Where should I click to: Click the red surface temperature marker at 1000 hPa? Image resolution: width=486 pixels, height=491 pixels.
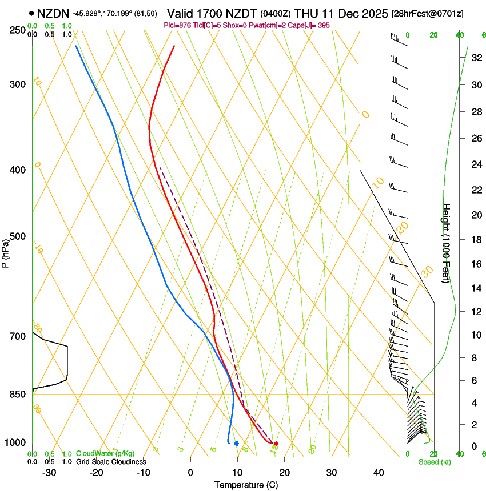point(276,444)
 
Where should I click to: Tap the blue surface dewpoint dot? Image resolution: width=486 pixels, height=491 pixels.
point(236,444)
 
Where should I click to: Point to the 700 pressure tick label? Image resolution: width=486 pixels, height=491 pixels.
point(18,336)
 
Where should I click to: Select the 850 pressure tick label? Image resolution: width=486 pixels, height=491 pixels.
point(18,395)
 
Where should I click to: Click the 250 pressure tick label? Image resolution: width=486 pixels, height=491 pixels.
point(18,30)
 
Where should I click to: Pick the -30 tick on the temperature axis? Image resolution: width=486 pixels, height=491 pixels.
point(49,473)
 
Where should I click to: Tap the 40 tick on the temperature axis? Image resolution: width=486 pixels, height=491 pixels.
point(379,473)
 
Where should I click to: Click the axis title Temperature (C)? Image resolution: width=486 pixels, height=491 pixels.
point(246,485)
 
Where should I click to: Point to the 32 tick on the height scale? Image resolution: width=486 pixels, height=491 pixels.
point(476,58)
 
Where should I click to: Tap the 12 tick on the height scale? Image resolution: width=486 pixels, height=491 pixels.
point(476,311)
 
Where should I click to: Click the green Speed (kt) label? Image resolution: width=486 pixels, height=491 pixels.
point(434,462)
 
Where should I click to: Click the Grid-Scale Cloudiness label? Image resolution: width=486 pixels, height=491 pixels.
point(111,462)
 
